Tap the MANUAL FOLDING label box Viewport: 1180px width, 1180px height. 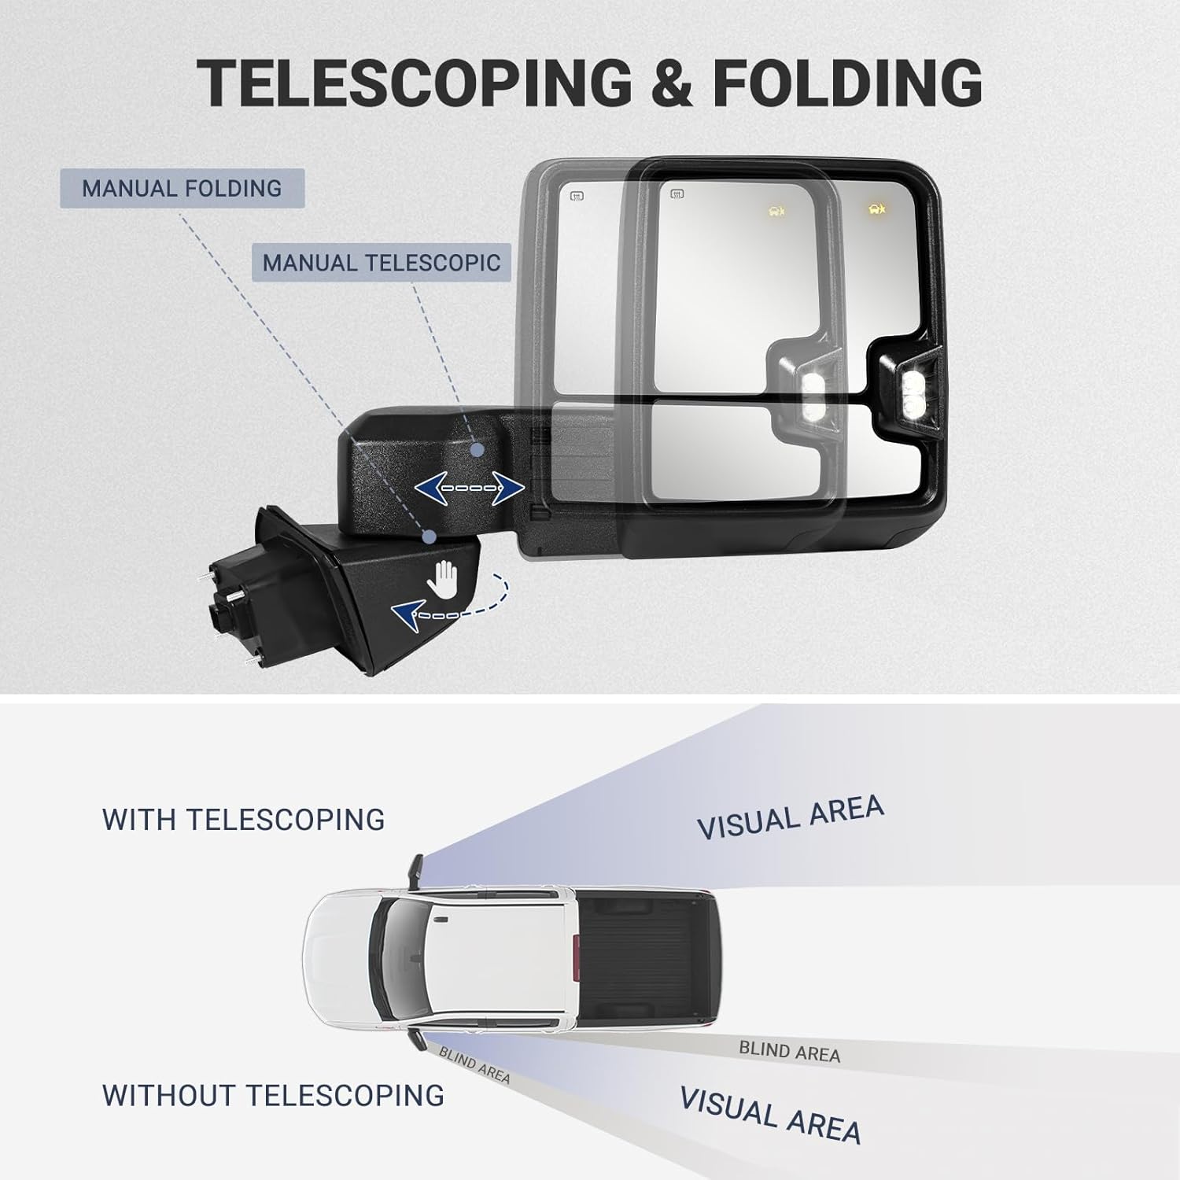[182, 189]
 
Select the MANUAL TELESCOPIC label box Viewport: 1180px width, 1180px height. [382, 263]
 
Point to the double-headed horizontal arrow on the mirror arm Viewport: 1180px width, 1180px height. [470, 489]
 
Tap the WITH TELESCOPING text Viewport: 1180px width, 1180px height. [243, 820]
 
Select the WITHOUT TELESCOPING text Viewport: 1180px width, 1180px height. [272, 1095]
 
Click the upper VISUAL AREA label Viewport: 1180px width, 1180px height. [790, 818]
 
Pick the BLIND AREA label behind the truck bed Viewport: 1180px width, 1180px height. [789, 1051]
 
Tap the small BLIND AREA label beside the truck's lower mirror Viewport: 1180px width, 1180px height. [474, 1065]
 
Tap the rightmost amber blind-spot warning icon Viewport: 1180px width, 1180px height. [876, 209]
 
